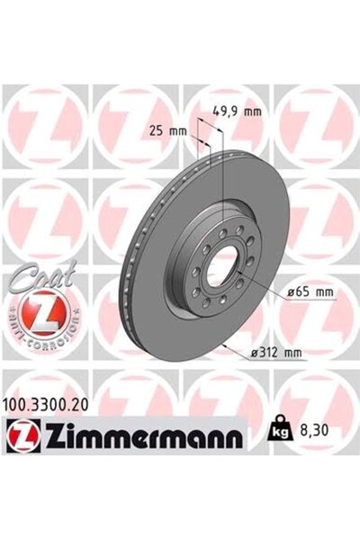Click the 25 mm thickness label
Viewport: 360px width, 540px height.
pyautogui.click(x=170, y=131)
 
